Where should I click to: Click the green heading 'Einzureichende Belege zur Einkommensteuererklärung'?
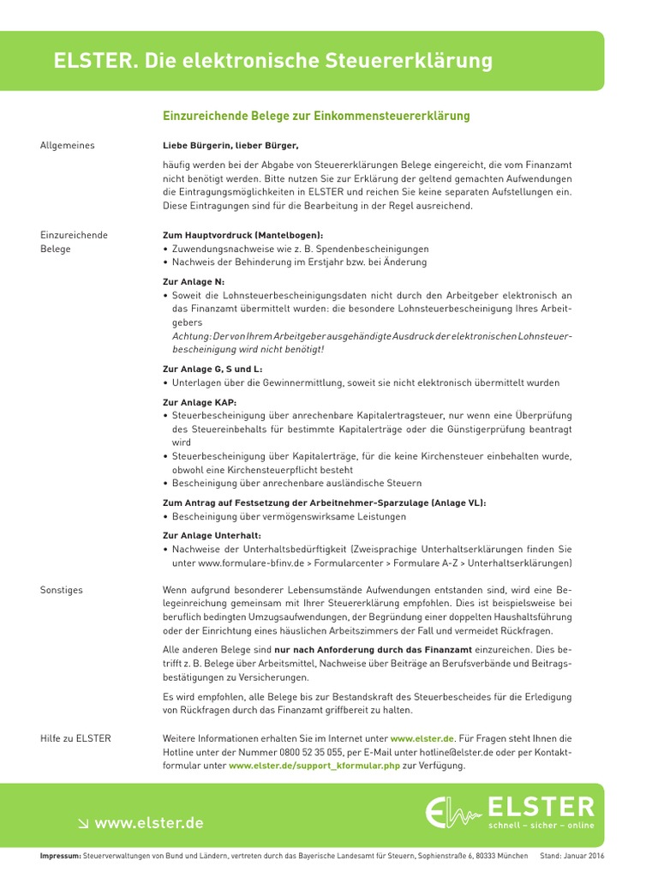316,116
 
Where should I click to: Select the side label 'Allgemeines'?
68,146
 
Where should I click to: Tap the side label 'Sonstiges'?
62,591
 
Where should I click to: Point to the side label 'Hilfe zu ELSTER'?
75,738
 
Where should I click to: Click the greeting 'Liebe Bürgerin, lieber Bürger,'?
230,146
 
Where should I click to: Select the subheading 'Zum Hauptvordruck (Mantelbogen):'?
243,235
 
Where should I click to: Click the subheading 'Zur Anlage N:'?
194,281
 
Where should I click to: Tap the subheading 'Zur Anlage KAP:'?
200,401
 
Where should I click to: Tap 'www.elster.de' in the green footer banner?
148,823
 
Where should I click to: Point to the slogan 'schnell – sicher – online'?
540,826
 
